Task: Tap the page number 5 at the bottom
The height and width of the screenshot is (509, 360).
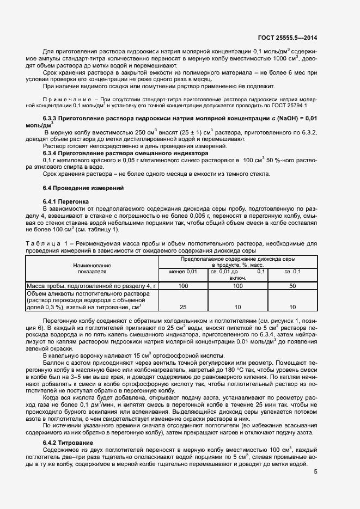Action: coord(316,471)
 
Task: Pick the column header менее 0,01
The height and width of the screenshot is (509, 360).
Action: coord(183,271)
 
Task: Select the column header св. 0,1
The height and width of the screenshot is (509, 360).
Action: coord(292,271)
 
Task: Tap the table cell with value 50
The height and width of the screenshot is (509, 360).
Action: coord(292,286)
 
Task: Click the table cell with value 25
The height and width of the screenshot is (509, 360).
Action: coord(183,307)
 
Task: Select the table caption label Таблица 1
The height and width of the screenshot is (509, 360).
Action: coord(50,243)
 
